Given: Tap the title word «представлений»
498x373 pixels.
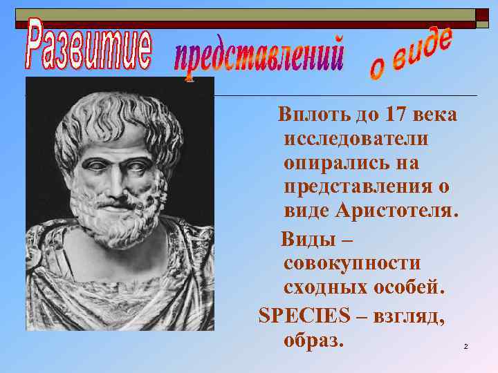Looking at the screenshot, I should tap(259, 57).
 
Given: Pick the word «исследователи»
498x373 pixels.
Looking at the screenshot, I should tap(356, 139).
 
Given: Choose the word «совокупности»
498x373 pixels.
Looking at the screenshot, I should tap(351, 264).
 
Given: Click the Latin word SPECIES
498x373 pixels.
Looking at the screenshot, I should tap(304, 315).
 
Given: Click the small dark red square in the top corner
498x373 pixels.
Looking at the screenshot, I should tap(481, 15).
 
